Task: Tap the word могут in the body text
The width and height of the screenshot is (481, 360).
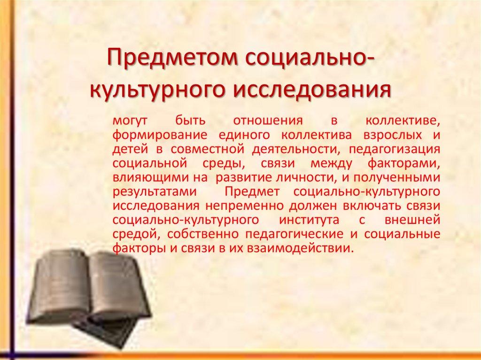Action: [127, 120]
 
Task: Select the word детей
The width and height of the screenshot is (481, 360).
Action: [128, 149]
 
